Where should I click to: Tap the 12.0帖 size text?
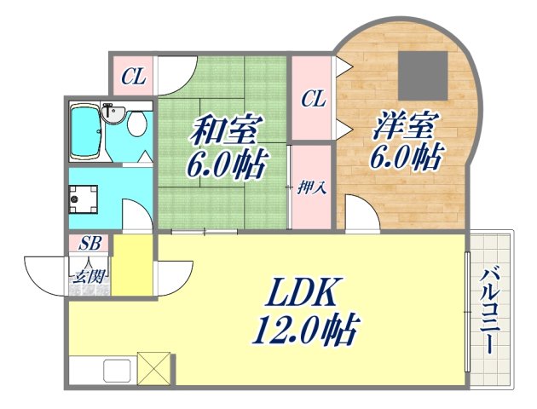point(303,329)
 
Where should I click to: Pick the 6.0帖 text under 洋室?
point(405,157)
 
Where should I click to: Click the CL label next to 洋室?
point(313,99)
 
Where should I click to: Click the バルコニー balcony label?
point(488,311)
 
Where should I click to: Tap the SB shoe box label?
point(90,243)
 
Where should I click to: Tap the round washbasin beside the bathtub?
point(111,112)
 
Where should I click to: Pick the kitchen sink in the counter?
point(117,372)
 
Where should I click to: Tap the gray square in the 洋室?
point(424,75)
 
